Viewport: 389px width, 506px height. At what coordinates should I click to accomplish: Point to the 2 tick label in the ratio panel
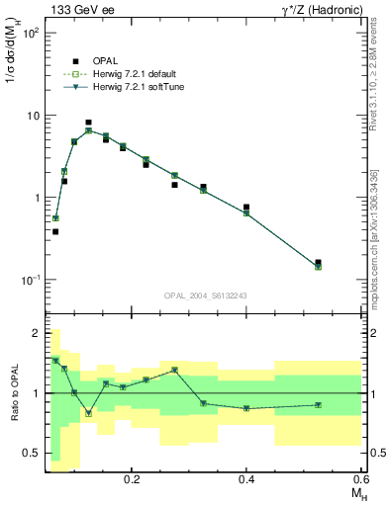pyautogui.click(x=37, y=333)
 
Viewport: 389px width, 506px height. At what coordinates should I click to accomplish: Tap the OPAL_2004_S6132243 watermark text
pyautogui.click(x=205, y=295)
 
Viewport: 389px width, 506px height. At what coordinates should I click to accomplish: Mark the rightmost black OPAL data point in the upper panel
pyautogui.click(x=318, y=263)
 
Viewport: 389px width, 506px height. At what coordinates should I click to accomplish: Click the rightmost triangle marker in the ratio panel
pyautogui.click(x=318, y=404)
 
